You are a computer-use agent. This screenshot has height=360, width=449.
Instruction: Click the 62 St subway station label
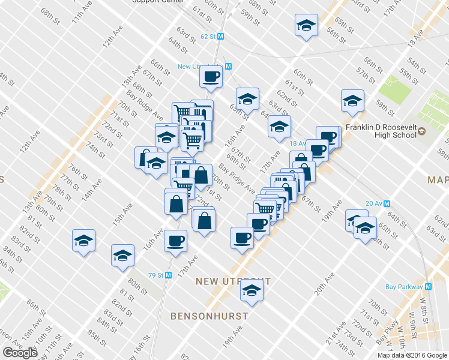[x=208, y=37]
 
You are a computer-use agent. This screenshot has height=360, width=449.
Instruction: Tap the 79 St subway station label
[x=155, y=275]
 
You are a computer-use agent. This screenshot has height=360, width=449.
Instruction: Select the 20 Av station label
[x=373, y=203]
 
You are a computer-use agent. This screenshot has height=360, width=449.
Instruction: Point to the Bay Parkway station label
[x=404, y=287]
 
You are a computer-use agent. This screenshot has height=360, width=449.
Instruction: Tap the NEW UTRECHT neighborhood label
[x=234, y=281]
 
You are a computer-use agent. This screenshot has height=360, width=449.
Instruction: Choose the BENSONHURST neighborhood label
[x=209, y=316]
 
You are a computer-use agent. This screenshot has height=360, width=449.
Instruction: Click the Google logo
[x=20, y=353]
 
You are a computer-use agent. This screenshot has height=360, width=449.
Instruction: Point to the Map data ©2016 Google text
[x=412, y=355]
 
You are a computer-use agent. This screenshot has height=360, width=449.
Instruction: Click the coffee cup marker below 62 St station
[x=211, y=76]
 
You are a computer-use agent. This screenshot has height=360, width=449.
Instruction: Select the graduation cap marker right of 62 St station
[x=306, y=26]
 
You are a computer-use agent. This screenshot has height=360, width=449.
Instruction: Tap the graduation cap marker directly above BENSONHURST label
[x=252, y=292]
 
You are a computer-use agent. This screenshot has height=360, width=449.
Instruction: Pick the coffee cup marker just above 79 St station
[x=176, y=241]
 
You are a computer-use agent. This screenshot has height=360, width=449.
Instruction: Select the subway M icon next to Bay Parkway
[x=428, y=287]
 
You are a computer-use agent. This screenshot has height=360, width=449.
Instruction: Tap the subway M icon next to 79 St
[x=169, y=275]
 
